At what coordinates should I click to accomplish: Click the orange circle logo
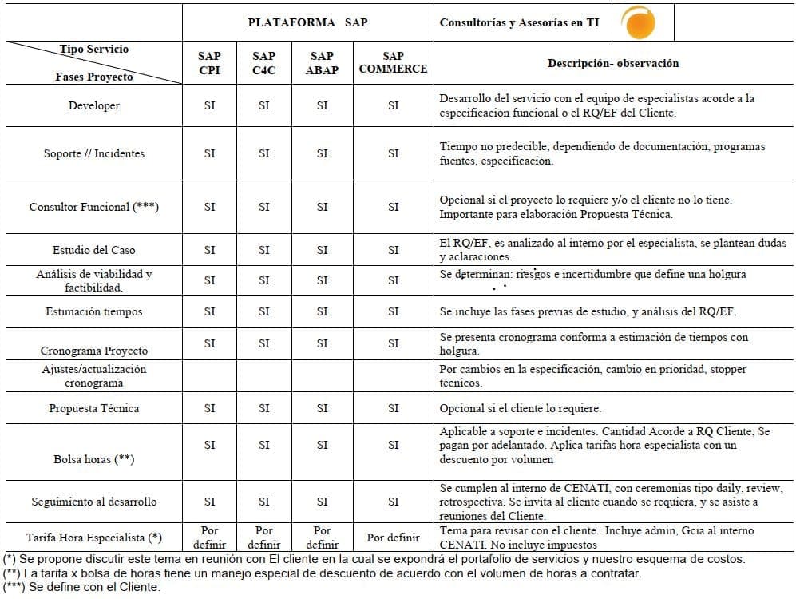click(639, 22)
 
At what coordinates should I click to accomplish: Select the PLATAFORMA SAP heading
click(307, 22)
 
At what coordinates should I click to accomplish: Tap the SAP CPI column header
click(209, 63)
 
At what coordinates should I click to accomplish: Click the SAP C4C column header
click(263, 63)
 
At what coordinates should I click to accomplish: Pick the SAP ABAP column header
click(322, 63)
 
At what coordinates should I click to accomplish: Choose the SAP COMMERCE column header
click(393, 62)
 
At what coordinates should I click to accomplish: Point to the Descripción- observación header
click(613, 63)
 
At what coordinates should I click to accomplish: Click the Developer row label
click(94, 105)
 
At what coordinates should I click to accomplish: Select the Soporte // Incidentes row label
click(94, 153)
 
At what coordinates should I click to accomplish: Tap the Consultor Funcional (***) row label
click(94, 207)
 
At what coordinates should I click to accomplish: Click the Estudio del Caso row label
click(94, 250)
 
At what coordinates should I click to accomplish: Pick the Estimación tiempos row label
click(94, 311)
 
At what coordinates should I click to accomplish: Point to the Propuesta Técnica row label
click(94, 408)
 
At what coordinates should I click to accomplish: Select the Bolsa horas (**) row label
click(94, 459)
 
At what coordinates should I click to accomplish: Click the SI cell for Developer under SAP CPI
click(209, 105)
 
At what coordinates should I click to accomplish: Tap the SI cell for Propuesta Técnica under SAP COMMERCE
click(393, 408)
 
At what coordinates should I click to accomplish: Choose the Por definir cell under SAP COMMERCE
click(393, 538)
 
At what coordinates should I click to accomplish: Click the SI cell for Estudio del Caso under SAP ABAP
click(322, 250)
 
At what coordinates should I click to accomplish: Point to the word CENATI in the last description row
click(458, 544)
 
